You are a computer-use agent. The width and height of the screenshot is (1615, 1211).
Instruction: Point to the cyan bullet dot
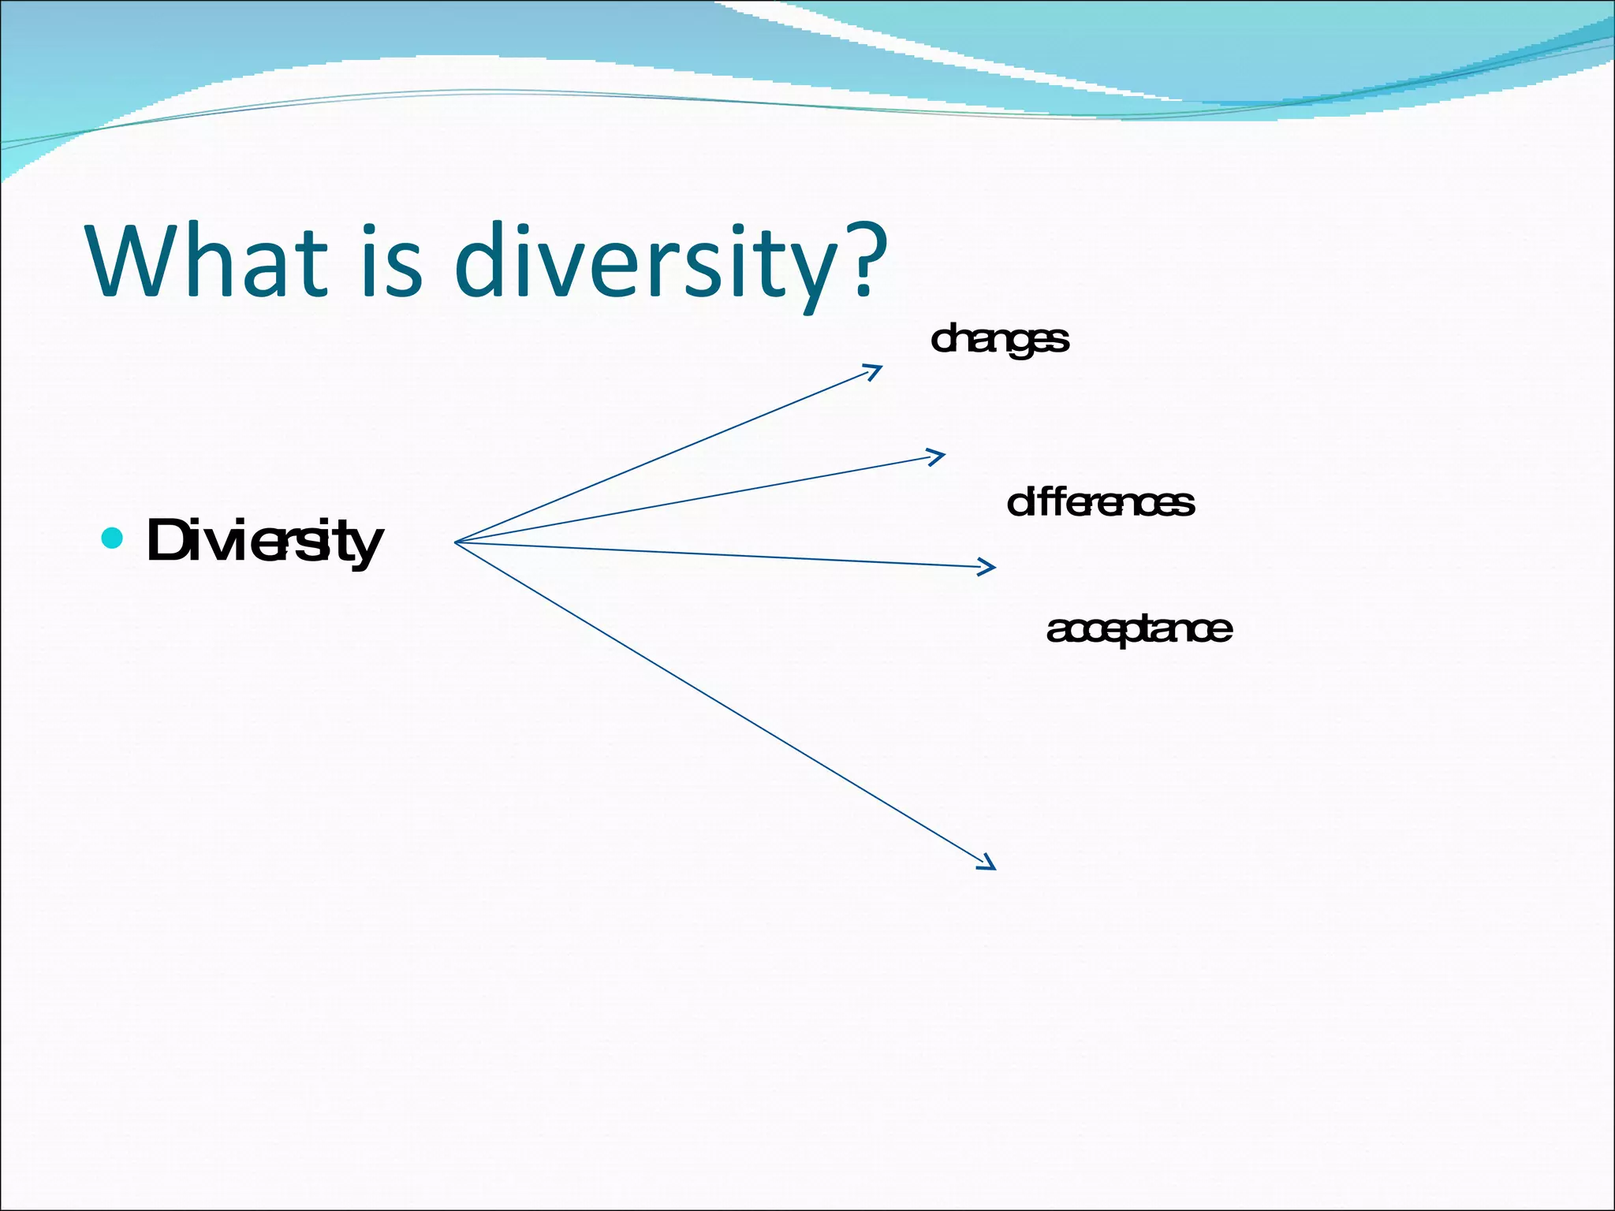(x=113, y=538)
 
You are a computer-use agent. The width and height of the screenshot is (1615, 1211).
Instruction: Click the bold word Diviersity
(x=264, y=542)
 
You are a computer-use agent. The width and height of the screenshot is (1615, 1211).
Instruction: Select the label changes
(x=999, y=340)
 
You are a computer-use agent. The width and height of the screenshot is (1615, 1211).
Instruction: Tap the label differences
(x=1100, y=503)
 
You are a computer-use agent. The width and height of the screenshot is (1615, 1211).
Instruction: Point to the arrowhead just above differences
(x=939, y=456)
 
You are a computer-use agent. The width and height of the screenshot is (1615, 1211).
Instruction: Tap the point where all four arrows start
(x=457, y=542)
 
